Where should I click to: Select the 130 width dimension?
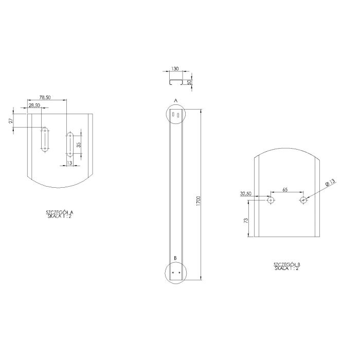pyautogui.click(x=175, y=68)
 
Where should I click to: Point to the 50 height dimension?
pyautogui.click(x=190, y=82)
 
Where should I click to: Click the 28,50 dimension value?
pyautogui.click(x=35, y=105)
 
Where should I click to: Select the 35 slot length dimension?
pyautogui.click(x=79, y=145)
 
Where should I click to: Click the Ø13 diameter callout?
pyautogui.click(x=330, y=182)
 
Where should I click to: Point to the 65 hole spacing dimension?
pyautogui.click(x=285, y=190)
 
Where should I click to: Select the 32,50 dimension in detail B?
pyautogui.click(x=246, y=194)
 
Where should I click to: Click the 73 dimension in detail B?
pyautogui.click(x=245, y=220)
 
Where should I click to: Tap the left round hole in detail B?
pyautogui.click(x=271, y=200)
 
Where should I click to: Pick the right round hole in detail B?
pyautogui.click(x=303, y=200)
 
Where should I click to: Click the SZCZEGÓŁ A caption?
pyautogui.click(x=60, y=214)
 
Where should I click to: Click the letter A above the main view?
pyautogui.click(x=175, y=100)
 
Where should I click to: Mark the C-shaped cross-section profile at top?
pyautogui.click(x=175, y=82)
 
